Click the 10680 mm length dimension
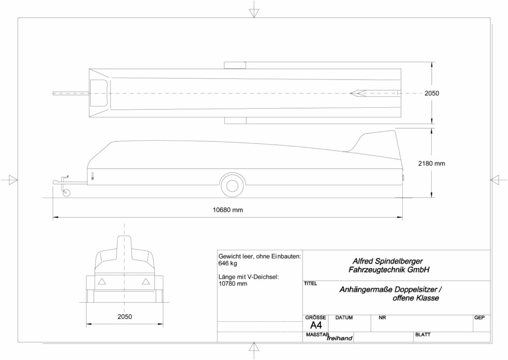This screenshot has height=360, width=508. (227, 210)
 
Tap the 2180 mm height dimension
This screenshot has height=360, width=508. (431, 163)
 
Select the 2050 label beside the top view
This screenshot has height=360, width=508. (432, 93)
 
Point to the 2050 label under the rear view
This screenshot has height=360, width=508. (125, 316)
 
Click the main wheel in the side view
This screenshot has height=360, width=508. (232, 186)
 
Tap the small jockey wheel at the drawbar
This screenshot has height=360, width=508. (66, 193)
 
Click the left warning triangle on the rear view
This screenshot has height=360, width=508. (102, 282)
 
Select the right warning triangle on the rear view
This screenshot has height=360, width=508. (146, 282)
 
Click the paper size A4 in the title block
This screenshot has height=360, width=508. (316, 325)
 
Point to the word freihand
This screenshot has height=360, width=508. (339, 338)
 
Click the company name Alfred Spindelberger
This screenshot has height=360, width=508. (387, 261)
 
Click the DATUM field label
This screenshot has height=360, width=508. (344, 318)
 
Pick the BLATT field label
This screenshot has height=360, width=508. (423, 335)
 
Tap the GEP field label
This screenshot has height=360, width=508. (480, 318)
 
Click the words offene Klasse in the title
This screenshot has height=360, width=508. (416, 298)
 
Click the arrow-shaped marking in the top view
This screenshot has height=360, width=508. (358, 93)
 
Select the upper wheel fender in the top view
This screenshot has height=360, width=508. (235, 65)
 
